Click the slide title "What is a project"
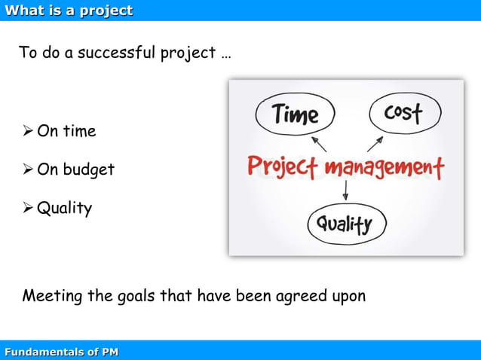(69, 11)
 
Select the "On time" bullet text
(66, 131)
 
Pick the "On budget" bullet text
(75, 169)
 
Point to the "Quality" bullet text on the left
(64, 208)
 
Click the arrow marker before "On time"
(28, 131)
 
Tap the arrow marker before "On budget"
(28, 169)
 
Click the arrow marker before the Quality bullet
(28, 207)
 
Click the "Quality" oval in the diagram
(346, 224)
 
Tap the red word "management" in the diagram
(384, 167)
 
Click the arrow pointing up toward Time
(318, 143)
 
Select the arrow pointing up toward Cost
(375, 143)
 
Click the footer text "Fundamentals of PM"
(61, 352)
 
